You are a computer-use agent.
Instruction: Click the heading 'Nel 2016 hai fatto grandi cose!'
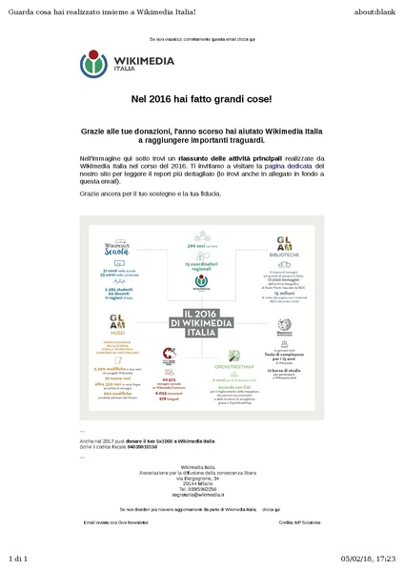click(201, 99)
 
